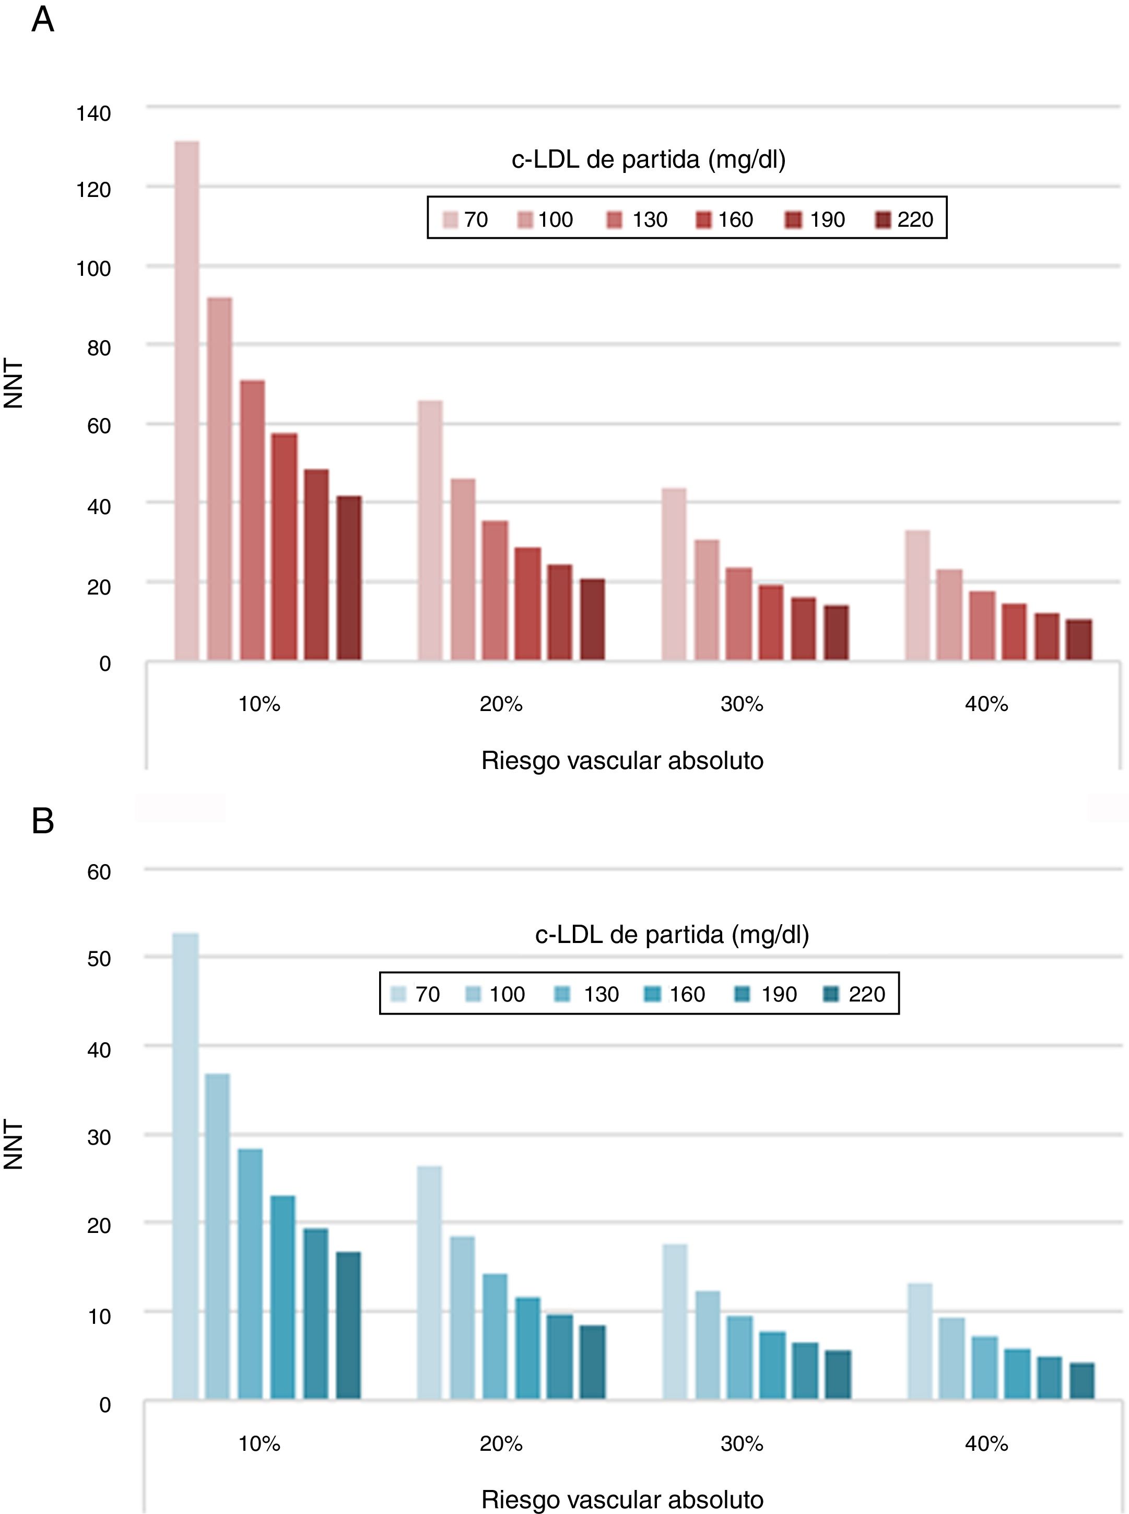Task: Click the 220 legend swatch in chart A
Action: (x=884, y=220)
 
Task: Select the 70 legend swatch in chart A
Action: (x=450, y=220)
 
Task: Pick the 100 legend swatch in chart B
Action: (x=476, y=995)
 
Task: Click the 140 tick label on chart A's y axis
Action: (x=93, y=113)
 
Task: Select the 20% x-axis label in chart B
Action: (x=501, y=1443)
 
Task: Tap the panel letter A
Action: (x=42, y=20)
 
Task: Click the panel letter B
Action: (x=42, y=821)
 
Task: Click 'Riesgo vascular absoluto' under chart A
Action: (x=622, y=761)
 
